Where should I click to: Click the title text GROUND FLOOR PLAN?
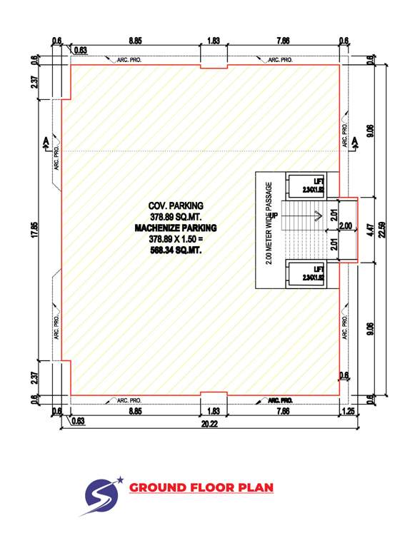(x=201, y=488)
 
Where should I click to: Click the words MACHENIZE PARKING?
(x=176, y=228)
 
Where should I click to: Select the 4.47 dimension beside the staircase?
(x=370, y=230)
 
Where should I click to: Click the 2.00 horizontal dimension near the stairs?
(x=345, y=226)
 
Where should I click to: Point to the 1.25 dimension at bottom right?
(x=349, y=411)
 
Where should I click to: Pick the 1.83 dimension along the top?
(x=213, y=42)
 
